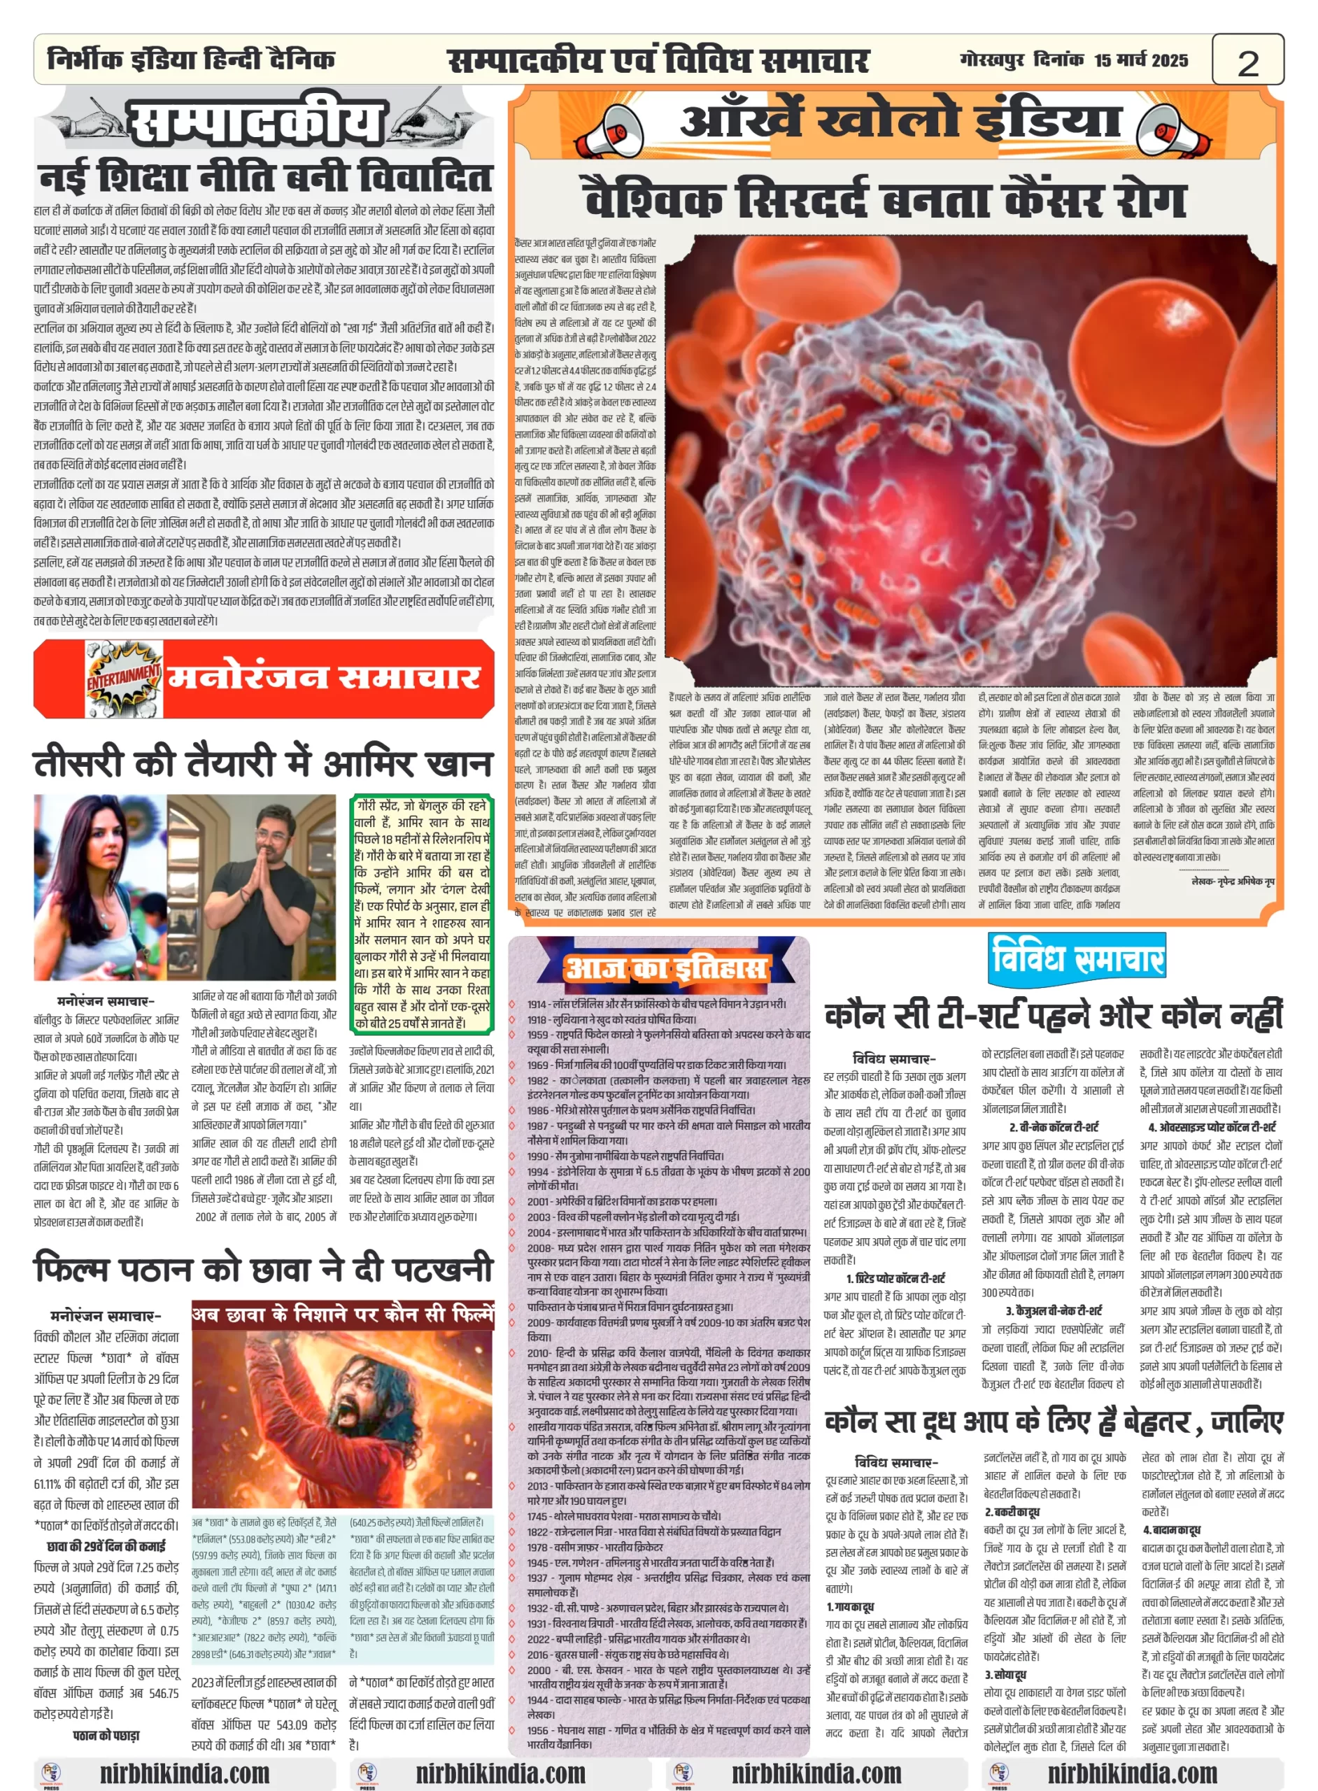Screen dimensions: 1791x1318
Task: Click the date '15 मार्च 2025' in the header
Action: point(1141,60)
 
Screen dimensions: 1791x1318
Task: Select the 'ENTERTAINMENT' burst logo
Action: point(124,677)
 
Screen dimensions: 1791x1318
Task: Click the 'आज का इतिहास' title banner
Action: point(665,967)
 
